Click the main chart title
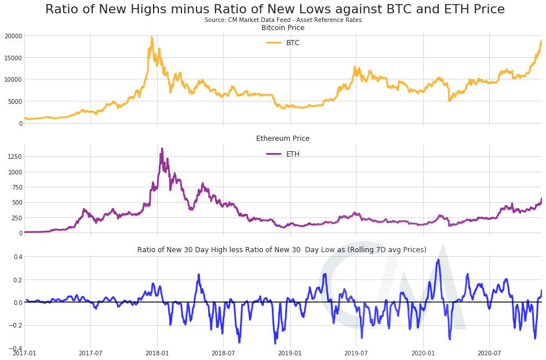(275, 9)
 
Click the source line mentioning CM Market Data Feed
(283, 20)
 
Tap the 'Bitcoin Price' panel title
(283, 28)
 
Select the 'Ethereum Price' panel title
(283, 139)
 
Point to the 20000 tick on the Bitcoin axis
(12, 36)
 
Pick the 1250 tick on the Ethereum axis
(14, 157)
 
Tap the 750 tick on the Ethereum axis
(16, 187)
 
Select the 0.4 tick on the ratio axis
(18, 256)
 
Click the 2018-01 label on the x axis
(157, 352)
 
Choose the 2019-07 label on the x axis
(356, 352)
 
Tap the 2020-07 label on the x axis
(489, 352)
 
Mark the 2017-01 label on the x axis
(24, 352)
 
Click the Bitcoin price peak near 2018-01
(152, 38)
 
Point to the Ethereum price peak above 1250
(162, 148)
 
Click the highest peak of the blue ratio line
(439, 260)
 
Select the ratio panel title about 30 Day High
(282, 250)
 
